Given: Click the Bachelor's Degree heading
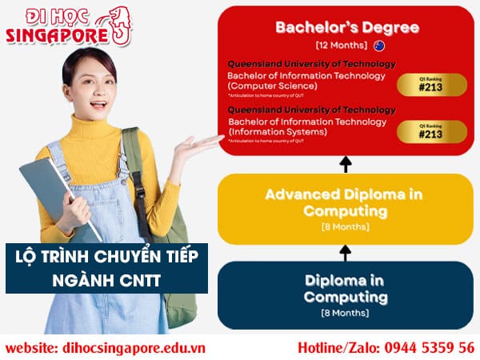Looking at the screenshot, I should pyautogui.click(x=346, y=27).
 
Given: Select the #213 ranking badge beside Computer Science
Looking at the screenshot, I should pyautogui.click(x=430, y=85).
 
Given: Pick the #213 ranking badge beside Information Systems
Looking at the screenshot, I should pyautogui.click(x=430, y=130).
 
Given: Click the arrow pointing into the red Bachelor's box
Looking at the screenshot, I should pyautogui.click(x=346, y=164).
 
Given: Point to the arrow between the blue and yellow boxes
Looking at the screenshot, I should pyautogui.click(x=346, y=252).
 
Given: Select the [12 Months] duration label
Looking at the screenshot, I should pyautogui.click(x=340, y=45).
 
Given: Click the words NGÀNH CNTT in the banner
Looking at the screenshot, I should pyautogui.click(x=106, y=281).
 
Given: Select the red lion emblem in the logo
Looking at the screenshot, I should pyautogui.click(x=119, y=24).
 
